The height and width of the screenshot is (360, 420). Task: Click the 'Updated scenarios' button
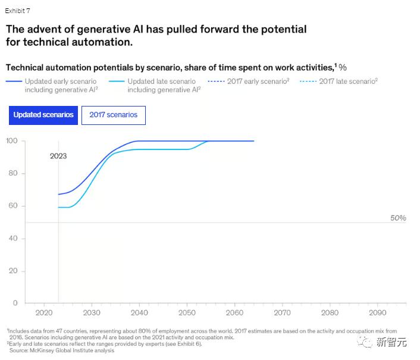click(x=43, y=115)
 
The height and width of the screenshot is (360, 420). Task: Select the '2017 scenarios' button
click(x=113, y=115)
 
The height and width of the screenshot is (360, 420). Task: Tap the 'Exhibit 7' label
click(x=17, y=11)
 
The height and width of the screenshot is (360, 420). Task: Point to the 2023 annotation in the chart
click(x=58, y=156)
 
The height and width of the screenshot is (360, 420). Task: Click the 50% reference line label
click(x=398, y=218)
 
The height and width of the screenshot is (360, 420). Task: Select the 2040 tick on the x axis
click(x=139, y=312)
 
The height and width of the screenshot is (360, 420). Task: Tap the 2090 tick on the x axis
click(x=377, y=312)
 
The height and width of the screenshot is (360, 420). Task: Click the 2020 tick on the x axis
click(x=44, y=312)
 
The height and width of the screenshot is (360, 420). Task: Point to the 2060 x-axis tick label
click(x=234, y=312)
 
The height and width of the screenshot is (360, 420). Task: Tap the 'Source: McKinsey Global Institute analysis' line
click(x=62, y=350)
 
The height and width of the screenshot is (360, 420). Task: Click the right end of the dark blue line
click(x=253, y=141)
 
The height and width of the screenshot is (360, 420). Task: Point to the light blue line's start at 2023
click(x=59, y=207)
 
